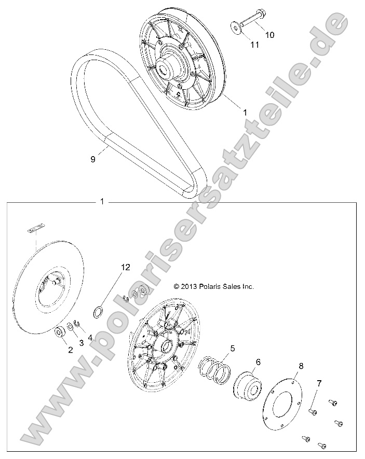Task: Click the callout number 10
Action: [x=269, y=35]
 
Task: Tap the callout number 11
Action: [x=254, y=45]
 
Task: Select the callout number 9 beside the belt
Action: [x=93, y=160]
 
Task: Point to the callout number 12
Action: [x=125, y=267]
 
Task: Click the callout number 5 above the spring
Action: [x=233, y=349]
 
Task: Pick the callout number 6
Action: [x=258, y=362]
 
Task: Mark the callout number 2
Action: [x=71, y=350]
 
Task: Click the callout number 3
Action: [x=80, y=343]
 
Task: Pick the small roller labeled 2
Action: [x=58, y=332]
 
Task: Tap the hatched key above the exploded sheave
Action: [x=36, y=227]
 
